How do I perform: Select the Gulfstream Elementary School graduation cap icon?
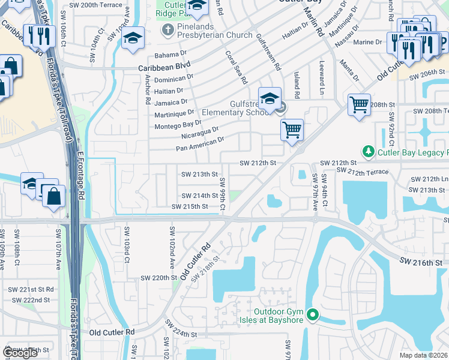[270, 98]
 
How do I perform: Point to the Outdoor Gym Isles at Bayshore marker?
[312, 315]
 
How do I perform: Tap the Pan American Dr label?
[199, 143]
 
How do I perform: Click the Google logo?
[20, 353]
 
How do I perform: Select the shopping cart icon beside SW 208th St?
[359, 104]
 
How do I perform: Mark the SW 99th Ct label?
[222, 194]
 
